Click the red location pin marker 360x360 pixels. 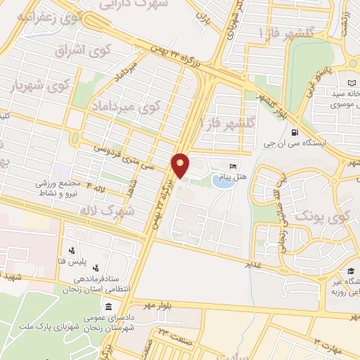(181, 165)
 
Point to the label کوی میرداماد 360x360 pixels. (125, 107)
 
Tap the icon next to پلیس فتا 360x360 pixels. (72, 250)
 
